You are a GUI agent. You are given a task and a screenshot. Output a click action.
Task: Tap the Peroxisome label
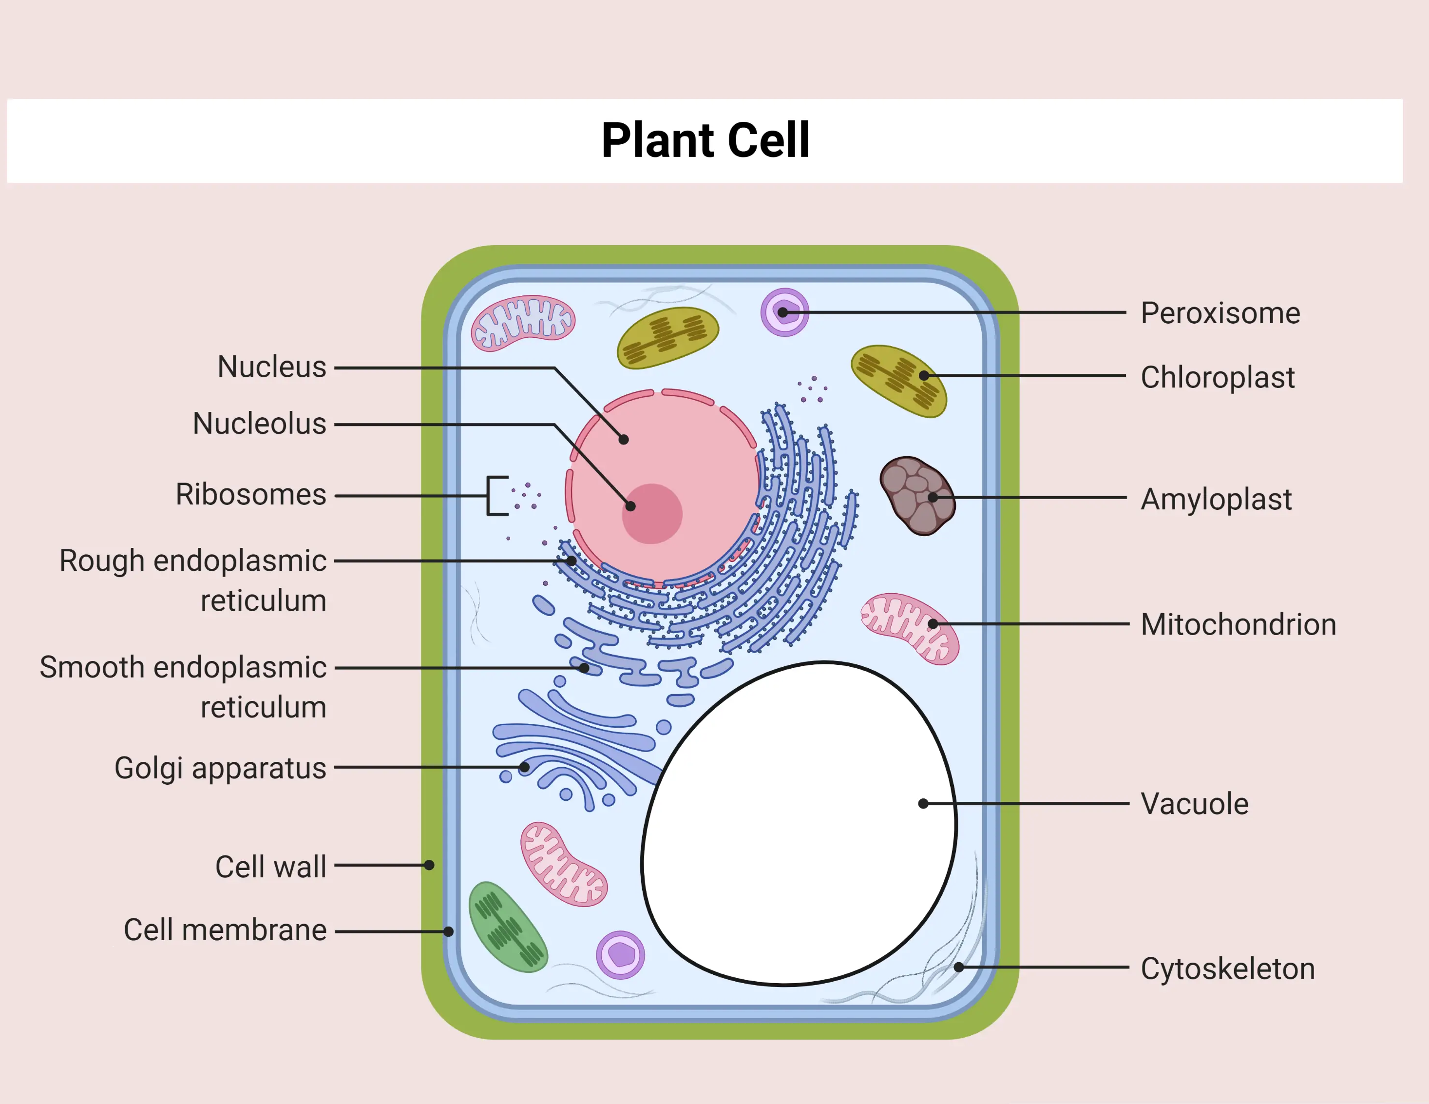[1219, 313]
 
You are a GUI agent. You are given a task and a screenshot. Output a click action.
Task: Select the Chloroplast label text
[1217, 377]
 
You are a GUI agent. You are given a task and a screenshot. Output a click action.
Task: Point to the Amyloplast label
[1216, 499]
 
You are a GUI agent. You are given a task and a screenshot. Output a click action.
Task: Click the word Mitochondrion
[1238, 624]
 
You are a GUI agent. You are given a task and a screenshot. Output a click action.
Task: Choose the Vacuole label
[1194, 804]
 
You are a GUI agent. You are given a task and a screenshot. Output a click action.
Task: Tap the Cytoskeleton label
[1227, 968]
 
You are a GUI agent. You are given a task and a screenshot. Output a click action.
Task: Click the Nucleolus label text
[259, 424]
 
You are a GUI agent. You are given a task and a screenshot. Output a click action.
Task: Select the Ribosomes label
[250, 494]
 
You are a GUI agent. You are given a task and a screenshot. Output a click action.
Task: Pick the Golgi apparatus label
[220, 768]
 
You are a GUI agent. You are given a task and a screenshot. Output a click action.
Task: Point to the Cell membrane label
[225, 930]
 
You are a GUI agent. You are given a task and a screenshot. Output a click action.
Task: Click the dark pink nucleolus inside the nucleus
[652, 514]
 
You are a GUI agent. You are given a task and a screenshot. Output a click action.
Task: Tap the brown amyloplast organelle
[916, 495]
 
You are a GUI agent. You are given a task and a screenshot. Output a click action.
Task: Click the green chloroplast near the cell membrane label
[507, 926]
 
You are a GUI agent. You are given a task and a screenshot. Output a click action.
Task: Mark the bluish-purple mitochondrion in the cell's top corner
[523, 323]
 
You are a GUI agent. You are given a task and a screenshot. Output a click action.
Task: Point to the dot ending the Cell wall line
[429, 865]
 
